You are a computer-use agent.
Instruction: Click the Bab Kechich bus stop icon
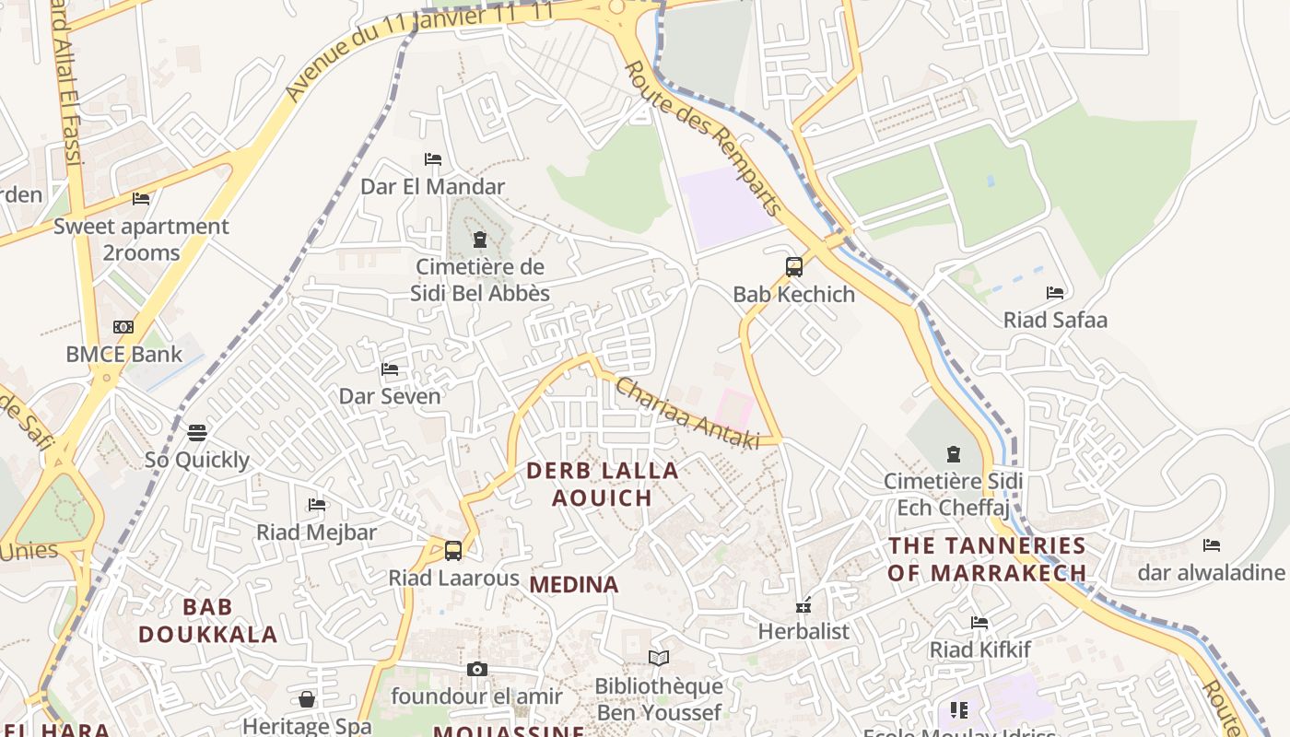pos(794,267)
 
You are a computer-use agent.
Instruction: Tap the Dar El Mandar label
pos(432,187)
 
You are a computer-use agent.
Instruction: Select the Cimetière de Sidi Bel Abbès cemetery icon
pos(479,240)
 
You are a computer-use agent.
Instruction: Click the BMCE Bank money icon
pos(123,327)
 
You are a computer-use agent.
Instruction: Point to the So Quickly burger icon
pos(197,433)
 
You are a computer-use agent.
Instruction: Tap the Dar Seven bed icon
pos(390,369)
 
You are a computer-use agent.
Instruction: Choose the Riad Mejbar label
pos(316,532)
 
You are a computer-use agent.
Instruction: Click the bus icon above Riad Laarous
pos(453,551)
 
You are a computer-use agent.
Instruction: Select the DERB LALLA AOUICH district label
pos(603,484)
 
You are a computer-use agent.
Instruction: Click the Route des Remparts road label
pos(705,138)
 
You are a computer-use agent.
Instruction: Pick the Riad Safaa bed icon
pos(1055,293)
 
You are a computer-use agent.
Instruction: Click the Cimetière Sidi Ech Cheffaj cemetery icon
pos(954,454)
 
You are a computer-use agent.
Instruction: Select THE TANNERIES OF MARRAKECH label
pos(987,559)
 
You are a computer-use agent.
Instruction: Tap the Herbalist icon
pos(803,606)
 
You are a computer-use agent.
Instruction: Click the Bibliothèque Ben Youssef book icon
pos(659,658)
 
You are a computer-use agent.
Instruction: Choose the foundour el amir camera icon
pos(476,670)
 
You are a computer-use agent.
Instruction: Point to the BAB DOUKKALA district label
pos(207,620)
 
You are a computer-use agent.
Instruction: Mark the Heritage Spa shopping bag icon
pos(307,700)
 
